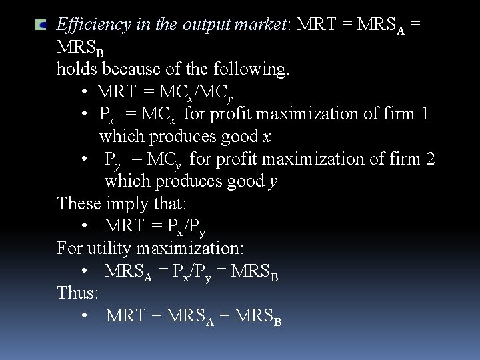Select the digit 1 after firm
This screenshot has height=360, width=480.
(425, 114)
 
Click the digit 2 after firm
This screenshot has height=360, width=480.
(430, 159)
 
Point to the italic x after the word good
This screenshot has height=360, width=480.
(267, 137)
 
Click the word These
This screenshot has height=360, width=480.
(79, 203)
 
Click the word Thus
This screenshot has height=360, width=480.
(77, 293)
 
